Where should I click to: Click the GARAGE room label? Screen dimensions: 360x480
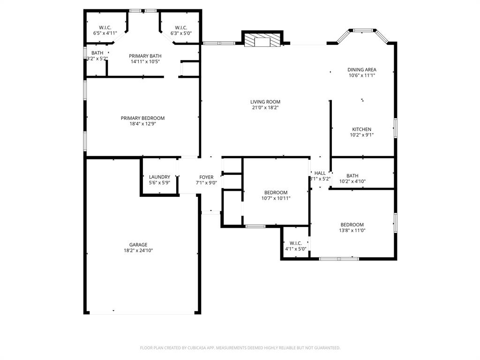coord(138,245)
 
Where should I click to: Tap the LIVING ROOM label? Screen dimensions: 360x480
coord(265,102)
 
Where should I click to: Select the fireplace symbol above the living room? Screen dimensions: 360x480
coord(262,40)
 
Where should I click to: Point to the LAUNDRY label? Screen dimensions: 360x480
coord(159,177)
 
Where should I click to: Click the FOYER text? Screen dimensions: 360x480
coord(206,177)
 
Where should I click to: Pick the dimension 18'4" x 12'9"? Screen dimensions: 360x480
coord(142,124)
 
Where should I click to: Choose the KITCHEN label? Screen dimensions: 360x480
coord(361,129)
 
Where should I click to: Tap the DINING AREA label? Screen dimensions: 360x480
coord(361,70)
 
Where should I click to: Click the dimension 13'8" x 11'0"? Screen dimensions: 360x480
coord(352,231)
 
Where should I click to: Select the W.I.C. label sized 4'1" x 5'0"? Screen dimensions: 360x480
coord(295,243)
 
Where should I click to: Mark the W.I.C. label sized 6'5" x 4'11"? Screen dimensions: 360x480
coord(105,27)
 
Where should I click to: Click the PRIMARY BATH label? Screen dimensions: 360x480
coord(145,56)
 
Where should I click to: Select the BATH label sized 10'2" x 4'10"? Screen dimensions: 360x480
coord(352,176)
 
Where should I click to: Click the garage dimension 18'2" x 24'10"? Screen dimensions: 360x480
coord(138,251)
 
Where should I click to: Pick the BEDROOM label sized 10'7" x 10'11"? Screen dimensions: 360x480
coord(276,193)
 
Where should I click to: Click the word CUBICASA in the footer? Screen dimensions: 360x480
coord(191,348)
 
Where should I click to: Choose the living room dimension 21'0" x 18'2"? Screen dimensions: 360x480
coord(265,108)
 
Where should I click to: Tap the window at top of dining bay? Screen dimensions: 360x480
coord(362,31)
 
